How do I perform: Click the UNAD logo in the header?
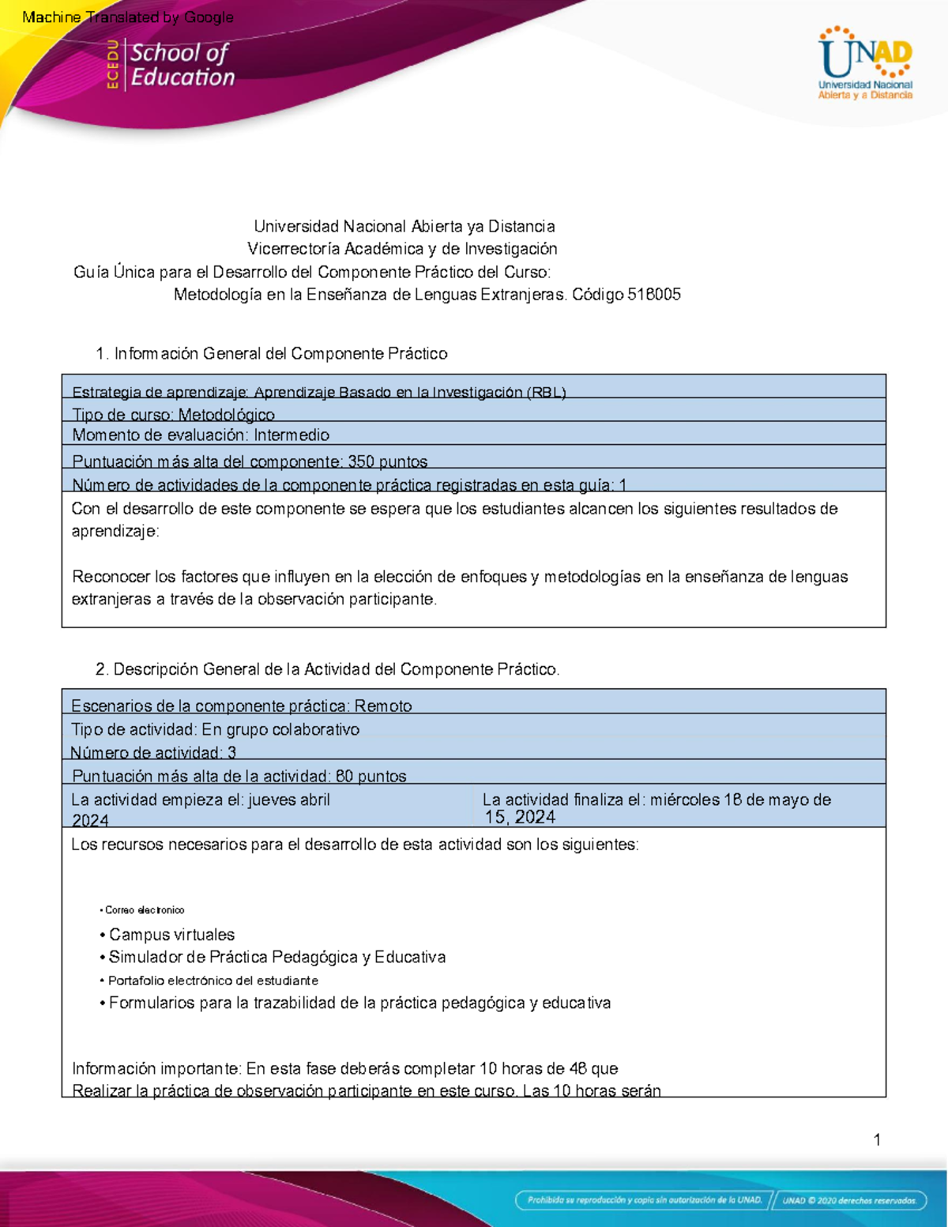pos(865,63)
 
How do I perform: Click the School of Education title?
pos(182,65)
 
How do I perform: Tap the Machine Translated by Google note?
pos(128,17)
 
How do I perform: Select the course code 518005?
pos(653,295)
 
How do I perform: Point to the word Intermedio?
pos(292,435)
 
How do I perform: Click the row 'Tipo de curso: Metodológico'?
pos(174,414)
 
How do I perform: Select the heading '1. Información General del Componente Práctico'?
pos(271,354)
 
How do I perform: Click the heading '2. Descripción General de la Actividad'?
pos(327,669)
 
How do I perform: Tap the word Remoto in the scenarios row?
pos(383,706)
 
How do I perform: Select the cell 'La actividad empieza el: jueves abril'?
pos(201,800)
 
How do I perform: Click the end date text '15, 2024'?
pos(520,818)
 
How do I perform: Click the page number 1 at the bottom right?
pos(877,1139)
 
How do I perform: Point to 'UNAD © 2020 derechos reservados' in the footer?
pos(849,1200)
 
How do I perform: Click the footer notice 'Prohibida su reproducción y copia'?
pos(644,1200)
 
